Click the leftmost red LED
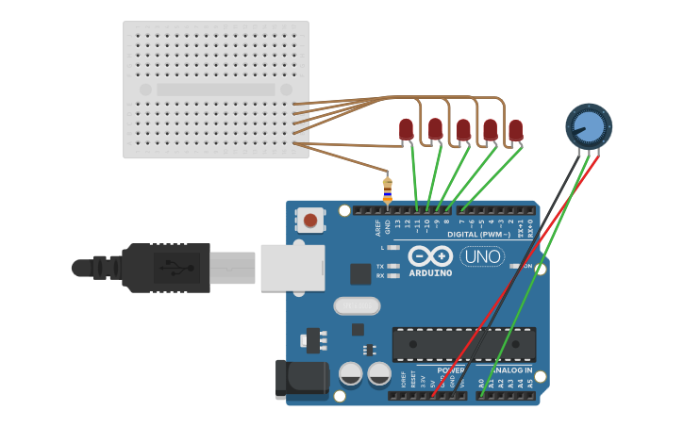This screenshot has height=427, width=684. click(x=406, y=128)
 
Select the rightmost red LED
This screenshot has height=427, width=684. click(x=515, y=130)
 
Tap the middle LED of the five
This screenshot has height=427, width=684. click(x=463, y=129)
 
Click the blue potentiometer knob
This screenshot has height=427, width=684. click(x=589, y=125)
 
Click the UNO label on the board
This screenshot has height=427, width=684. click(x=482, y=255)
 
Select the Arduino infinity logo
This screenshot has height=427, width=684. click(x=430, y=255)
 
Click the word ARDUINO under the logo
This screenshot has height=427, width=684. click(x=430, y=272)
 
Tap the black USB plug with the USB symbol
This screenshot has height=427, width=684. click(x=165, y=268)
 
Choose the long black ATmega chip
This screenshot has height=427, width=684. click(x=464, y=344)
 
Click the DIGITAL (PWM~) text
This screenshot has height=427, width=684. click(x=481, y=235)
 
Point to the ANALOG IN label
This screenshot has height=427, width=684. click(x=507, y=371)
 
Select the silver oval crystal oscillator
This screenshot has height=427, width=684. click(x=357, y=305)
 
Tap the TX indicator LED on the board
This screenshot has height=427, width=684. click(x=393, y=266)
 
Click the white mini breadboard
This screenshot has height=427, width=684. click(x=216, y=90)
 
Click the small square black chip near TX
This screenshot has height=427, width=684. click(x=360, y=273)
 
